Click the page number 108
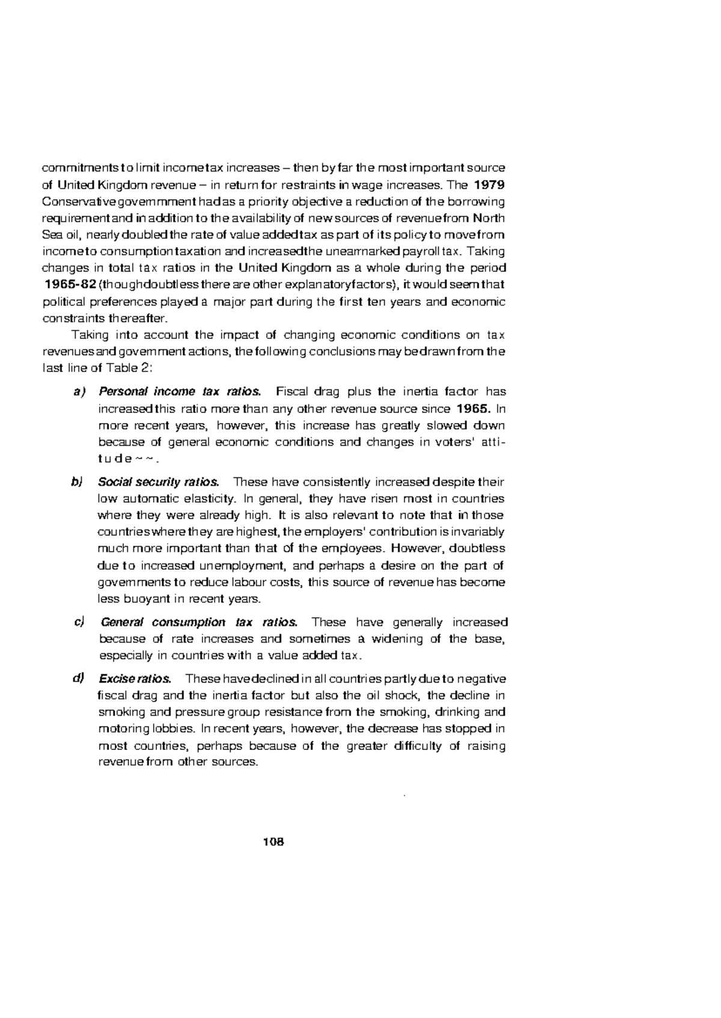point(273,841)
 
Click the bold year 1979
point(489,183)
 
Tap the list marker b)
point(79,482)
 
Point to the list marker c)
point(79,621)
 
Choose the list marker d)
point(79,679)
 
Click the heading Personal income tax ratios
point(180,392)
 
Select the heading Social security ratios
point(159,482)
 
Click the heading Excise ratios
point(135,679)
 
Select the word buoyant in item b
point(145,599)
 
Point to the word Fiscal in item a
point(291,392)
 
